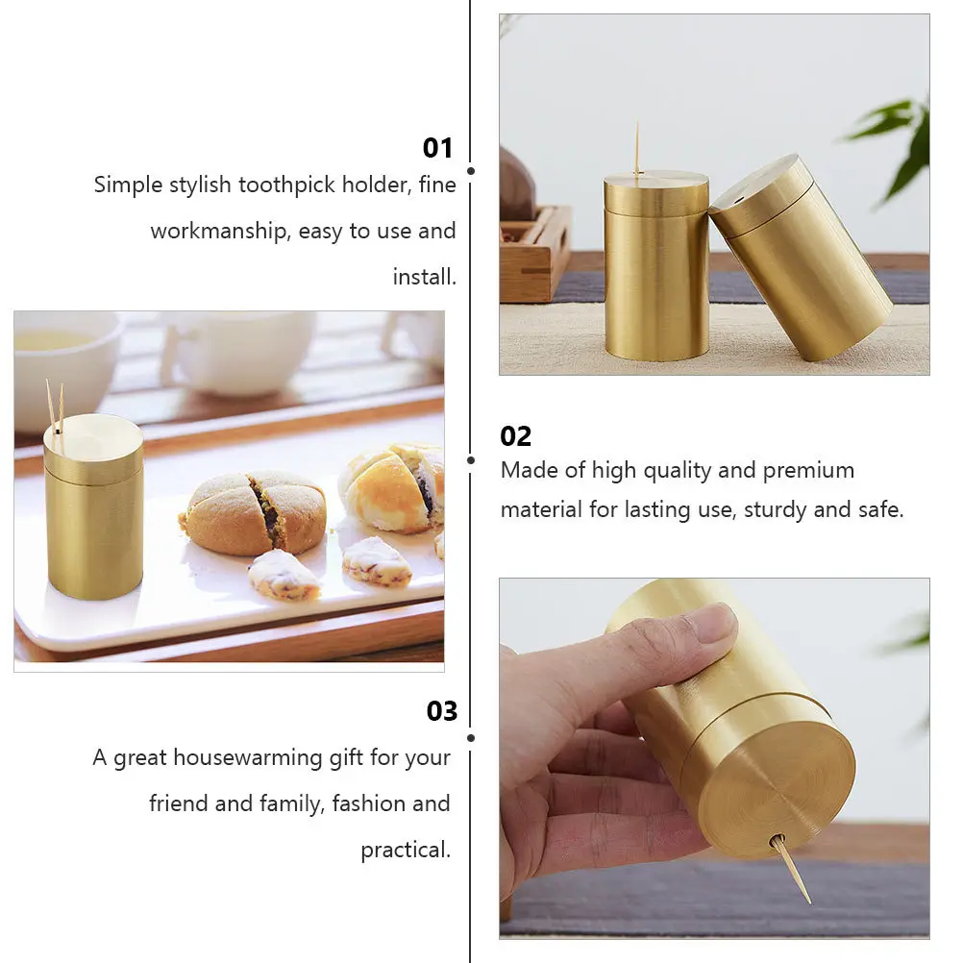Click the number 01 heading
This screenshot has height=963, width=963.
[437, 148]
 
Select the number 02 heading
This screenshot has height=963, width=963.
[515, 436]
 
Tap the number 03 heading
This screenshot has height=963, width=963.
[442, 711]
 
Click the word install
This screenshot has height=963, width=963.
[424, 277]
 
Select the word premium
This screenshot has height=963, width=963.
[808, 471]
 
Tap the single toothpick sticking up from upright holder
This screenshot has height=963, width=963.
[636, 149]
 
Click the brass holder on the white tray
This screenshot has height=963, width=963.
[93, 509]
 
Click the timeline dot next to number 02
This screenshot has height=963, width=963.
[471, 459]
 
